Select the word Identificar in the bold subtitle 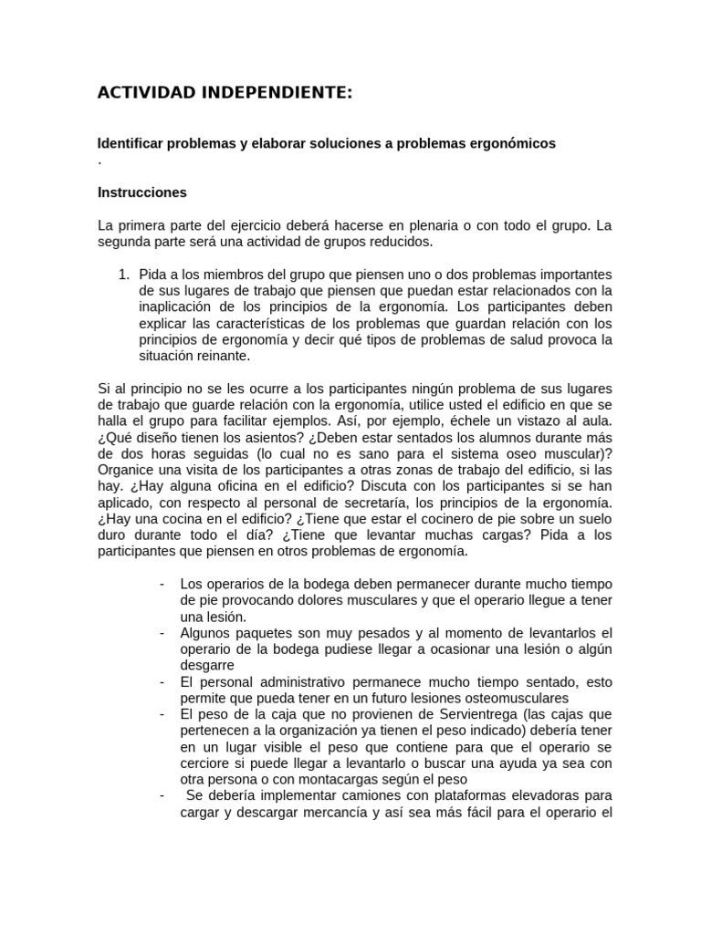coord(128,144)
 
